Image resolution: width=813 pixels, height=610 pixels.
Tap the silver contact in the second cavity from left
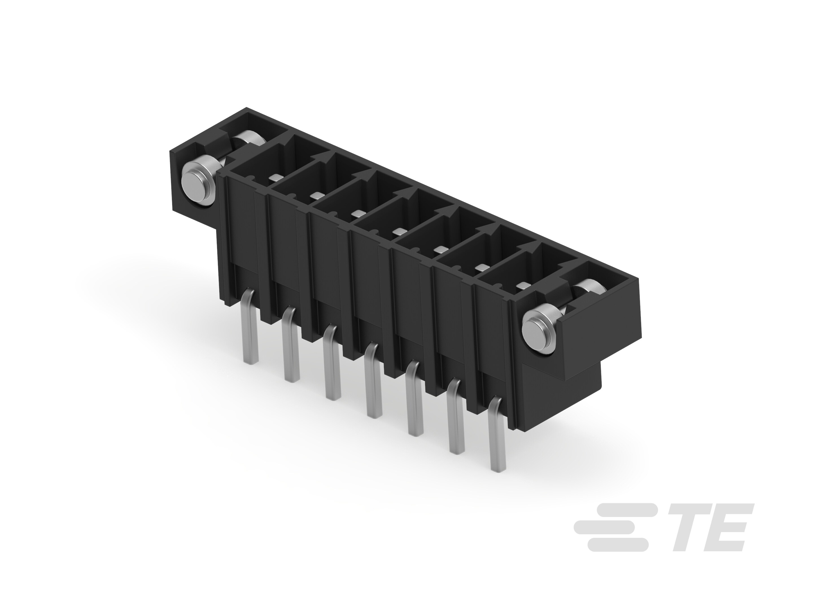click(316, 195)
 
